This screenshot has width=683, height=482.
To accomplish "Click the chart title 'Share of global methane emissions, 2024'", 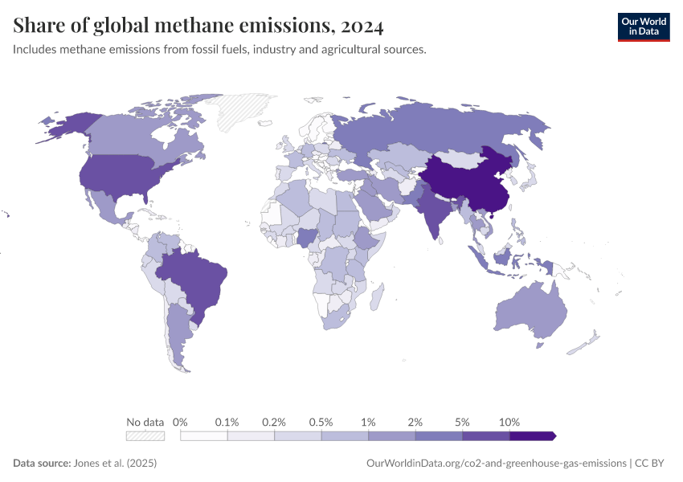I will (198, 26).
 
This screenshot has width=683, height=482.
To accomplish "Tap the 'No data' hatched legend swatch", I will (145, 435).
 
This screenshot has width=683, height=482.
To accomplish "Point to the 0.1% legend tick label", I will (227, 422).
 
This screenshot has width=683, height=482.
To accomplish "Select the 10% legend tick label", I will (509, 422).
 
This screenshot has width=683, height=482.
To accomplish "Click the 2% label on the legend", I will (415, 422).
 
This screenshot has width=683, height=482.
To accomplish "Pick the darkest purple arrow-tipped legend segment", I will (532, 435).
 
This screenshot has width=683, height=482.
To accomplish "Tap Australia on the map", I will (530, 313).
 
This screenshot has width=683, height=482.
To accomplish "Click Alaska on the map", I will (68, 125).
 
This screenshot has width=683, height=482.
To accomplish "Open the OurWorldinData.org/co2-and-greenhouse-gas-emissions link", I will (496, 464).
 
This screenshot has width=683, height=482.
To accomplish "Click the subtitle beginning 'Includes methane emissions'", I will (219, 50).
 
